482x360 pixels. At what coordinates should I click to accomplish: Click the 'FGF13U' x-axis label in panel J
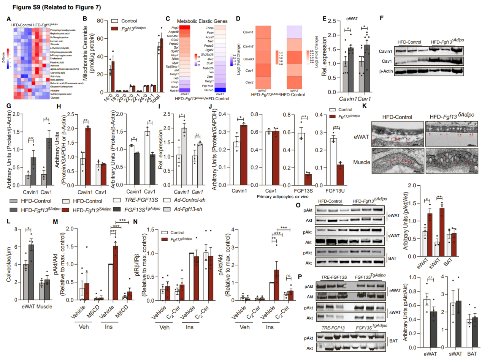pyautogui.click(x=330, y=192)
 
